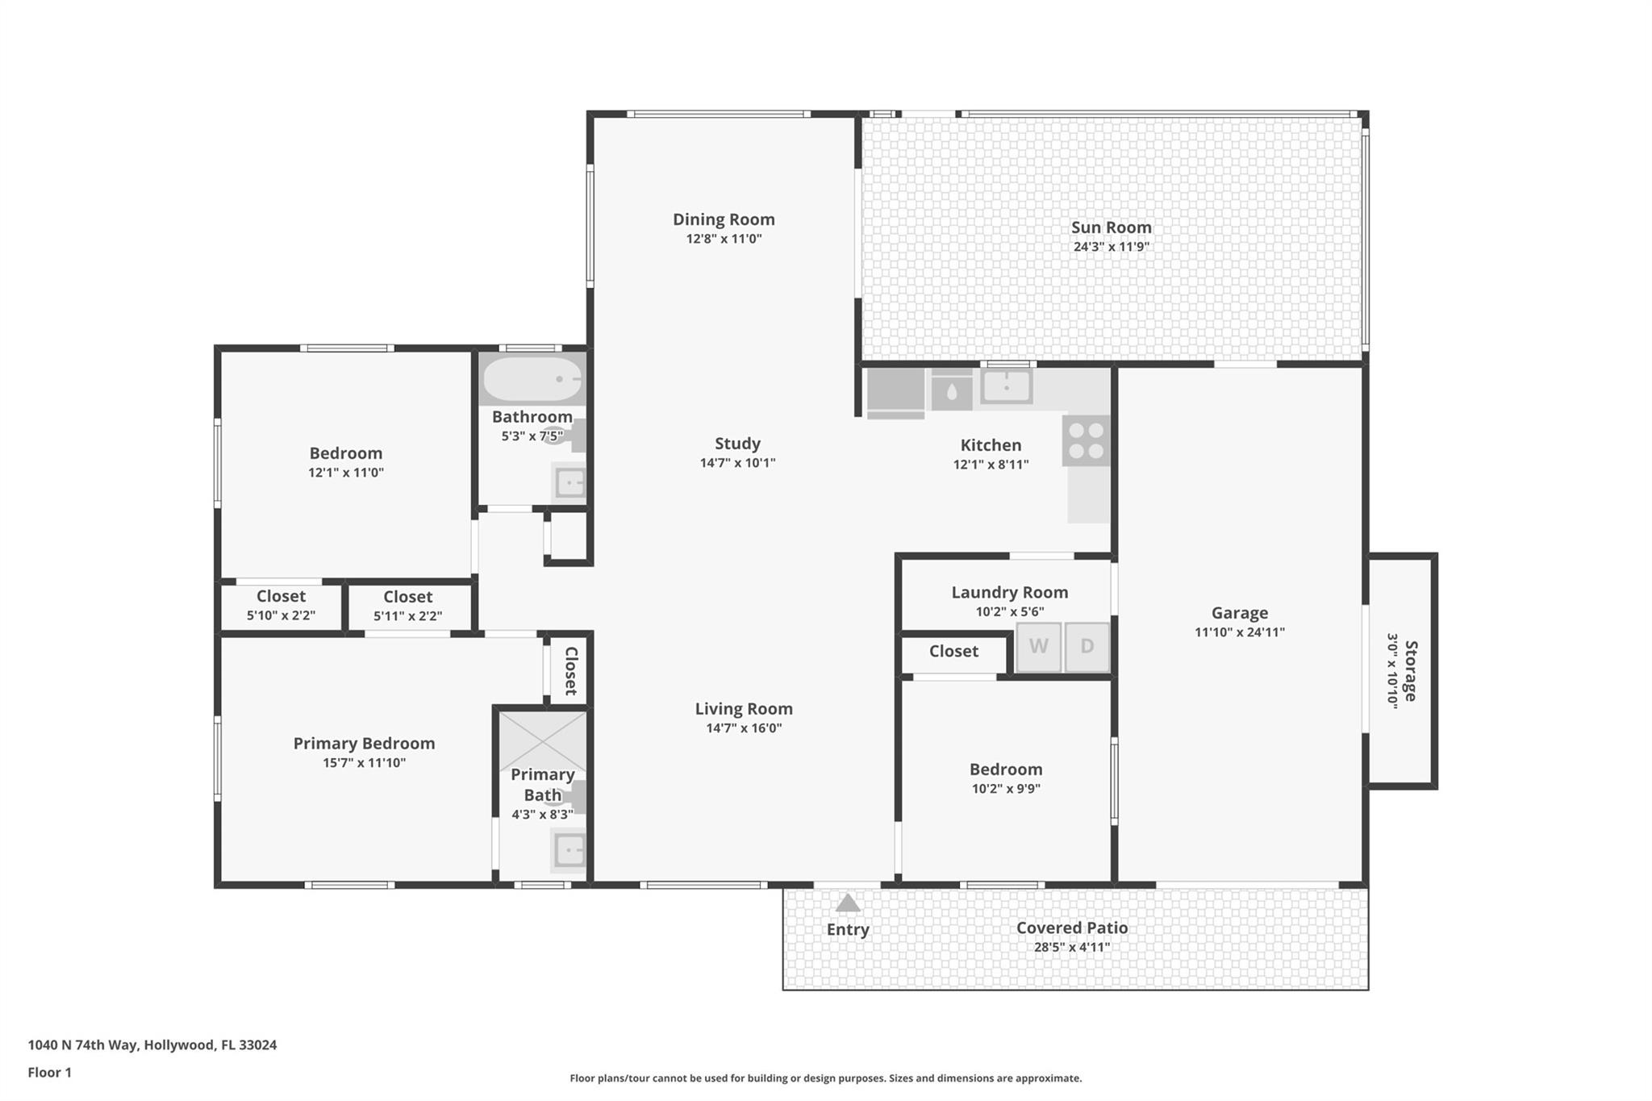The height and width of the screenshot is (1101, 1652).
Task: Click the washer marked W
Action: click(1038, 646)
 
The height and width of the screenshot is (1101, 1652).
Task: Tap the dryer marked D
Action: click(1087, 646)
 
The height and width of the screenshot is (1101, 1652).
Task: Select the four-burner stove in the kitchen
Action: click(1086, 440)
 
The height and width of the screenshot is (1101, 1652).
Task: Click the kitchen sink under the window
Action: click(1006, 386)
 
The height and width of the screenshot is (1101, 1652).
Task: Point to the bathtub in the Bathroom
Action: click(532, 380)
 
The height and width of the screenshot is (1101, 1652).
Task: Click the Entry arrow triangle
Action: click(848, 903)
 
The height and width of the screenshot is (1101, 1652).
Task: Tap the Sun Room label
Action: click(1111, 227)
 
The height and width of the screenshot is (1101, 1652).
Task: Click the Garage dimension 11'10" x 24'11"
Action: click(1239, 632)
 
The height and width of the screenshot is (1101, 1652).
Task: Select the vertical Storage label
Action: click(1410, 670)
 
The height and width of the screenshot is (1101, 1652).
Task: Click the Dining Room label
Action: click(724, 219)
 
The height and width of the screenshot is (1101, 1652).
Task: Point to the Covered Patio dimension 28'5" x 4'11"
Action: click(1071, 947)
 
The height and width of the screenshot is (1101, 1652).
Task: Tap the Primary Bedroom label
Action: click(364, 743)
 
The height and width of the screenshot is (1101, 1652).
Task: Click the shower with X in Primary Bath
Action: click(542, 740)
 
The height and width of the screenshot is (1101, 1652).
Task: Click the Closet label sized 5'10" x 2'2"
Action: click(281, 596)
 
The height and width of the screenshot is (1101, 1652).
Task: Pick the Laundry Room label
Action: click(1009, 592)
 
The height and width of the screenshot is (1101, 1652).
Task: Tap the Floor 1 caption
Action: click(49, 1072)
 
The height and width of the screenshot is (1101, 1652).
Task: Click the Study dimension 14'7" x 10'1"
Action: click(737, 463)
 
